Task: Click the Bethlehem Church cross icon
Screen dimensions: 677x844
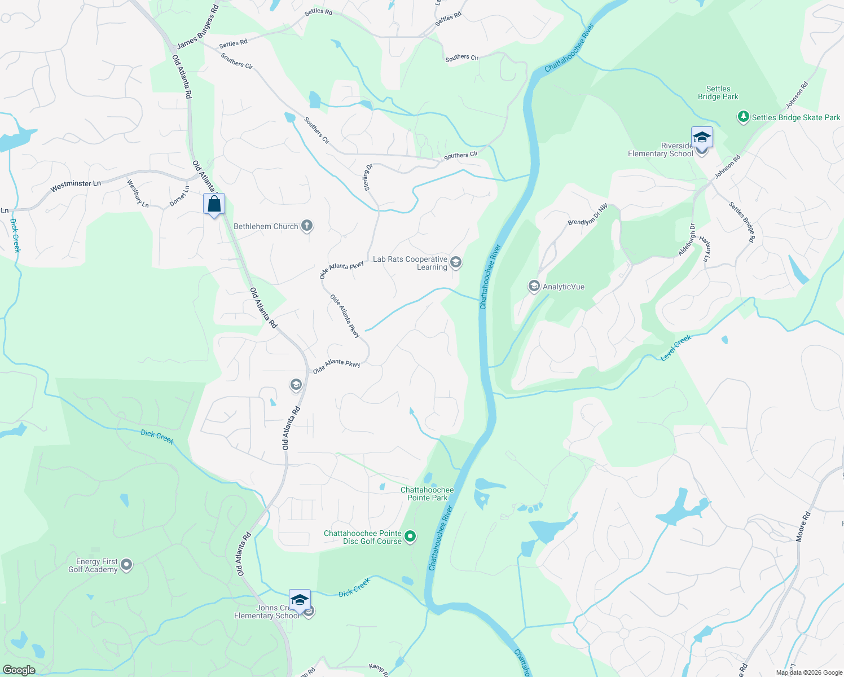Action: tap(307, 226)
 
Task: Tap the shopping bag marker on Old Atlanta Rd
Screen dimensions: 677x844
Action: tap(214, 204)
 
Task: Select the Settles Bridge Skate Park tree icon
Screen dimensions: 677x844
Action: tap(744, 117)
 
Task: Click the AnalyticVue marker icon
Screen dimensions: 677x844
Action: tap(534, 287)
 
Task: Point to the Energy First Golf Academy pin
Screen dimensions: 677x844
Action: tap(126, 565)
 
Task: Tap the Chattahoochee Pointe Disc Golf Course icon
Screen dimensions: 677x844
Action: tap(411, 537)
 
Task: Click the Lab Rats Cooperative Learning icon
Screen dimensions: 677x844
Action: tap(456, 262)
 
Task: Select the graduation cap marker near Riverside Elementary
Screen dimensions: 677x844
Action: tap(702, 137)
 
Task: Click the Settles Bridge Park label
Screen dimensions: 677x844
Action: tap(718, 93)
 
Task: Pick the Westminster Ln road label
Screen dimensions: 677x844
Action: tap(76, 186)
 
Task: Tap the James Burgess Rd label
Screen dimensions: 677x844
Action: tap(197, 27)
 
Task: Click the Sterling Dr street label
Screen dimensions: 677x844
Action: tap(368, 177)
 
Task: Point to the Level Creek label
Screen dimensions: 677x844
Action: tap(676, 348)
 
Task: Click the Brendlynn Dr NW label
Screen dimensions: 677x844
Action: tap(587, 214)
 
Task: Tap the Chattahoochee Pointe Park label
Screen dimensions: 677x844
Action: tap(427, 494)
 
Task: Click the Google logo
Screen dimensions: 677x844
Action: tap(19, 670)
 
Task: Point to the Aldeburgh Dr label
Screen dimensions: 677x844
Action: tap(687, 240)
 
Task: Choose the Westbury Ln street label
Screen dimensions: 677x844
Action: tap(138, 194)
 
